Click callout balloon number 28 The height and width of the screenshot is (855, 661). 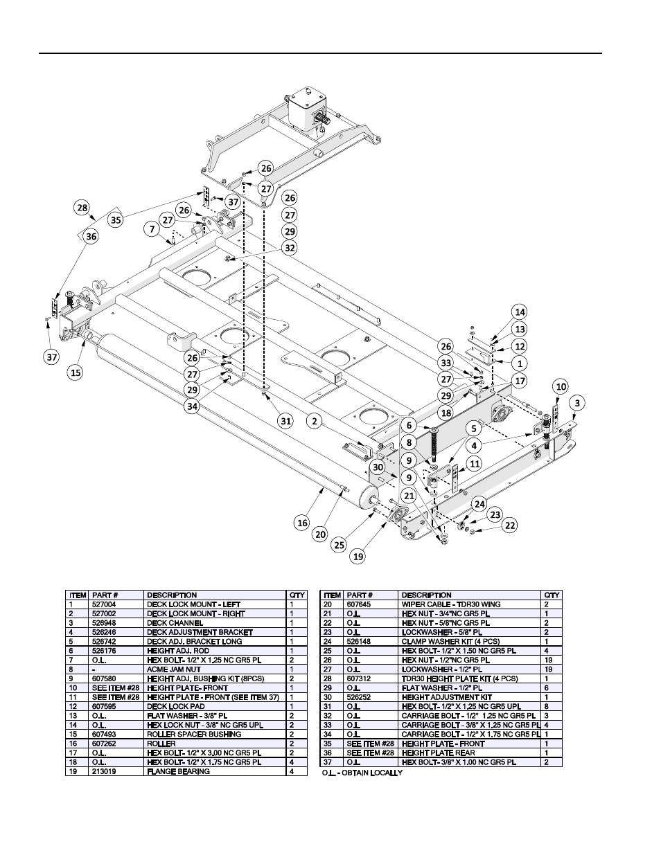[82, 208]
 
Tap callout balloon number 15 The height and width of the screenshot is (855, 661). [76, 372]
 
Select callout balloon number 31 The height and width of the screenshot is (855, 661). [285, 420]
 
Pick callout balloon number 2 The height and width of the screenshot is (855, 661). [315, 420]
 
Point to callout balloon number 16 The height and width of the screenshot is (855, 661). [302, 523]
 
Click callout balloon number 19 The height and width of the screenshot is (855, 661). [358, 555]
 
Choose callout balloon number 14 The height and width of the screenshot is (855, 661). [520, 312]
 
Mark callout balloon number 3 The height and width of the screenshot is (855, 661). [576, 403]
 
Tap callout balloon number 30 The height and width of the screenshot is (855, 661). [377, 467]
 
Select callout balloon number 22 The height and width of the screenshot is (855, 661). [510, 525]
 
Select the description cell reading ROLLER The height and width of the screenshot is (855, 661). [161, 744]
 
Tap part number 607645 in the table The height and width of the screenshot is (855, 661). [356, 604]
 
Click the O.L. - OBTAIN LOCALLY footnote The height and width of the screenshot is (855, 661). [362, 773]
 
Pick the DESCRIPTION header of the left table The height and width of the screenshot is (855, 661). [172, 595]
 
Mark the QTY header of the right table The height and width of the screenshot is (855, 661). [552, 595]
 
